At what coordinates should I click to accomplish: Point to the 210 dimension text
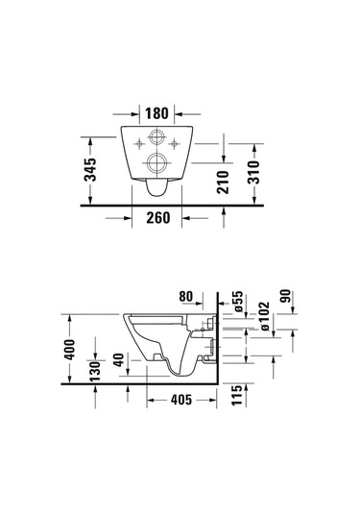tap(223, 177)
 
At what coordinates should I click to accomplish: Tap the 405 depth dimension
tap(180, 400)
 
